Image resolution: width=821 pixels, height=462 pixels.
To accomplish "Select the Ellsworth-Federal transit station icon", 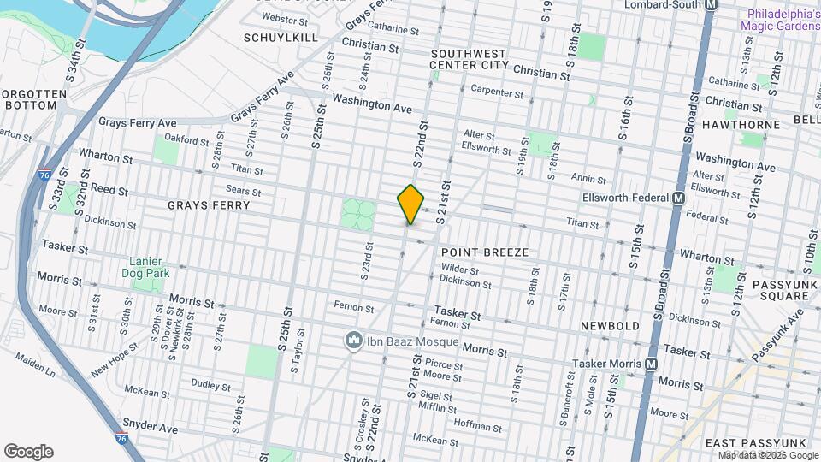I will coord(679,198).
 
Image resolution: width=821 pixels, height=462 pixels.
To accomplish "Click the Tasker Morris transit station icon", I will coord(652,364).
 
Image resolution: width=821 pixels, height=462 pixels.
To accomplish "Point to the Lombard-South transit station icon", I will coord(711,4).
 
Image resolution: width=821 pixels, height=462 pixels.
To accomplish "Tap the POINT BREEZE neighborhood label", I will coord(485,253).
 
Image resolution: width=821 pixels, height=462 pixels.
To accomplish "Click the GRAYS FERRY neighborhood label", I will coord(209,205).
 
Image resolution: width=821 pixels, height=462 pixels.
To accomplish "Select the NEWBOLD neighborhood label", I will coord(610,327).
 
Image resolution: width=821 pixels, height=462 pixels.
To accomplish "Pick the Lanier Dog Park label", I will coord(149,267).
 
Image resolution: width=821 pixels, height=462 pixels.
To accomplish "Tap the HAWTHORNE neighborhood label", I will coord(741,125).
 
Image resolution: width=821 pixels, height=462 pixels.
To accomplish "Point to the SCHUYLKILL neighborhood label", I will coord(281,38).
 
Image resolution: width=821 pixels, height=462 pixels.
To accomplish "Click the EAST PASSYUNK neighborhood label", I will coord(756,442).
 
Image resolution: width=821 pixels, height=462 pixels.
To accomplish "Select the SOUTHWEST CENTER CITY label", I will coord(469,59).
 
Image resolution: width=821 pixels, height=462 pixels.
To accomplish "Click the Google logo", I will coord(28,452).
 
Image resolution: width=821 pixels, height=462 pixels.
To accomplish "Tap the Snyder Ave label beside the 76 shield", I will coord(150,425).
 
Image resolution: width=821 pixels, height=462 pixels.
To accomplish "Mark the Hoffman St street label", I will coord(477,425).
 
